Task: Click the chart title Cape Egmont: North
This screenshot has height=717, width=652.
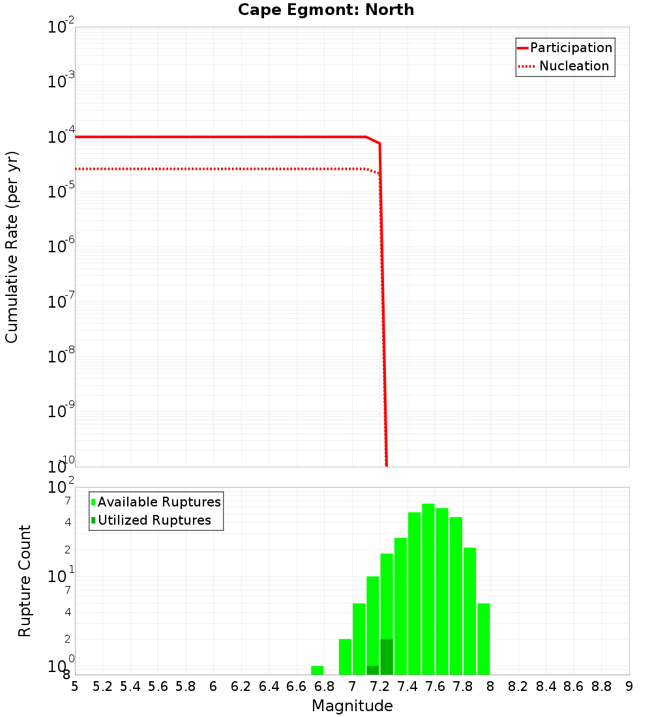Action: pyautogui.click(x=326, y=10)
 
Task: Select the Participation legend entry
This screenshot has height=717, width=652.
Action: pyautogui.click(x=571, y=48)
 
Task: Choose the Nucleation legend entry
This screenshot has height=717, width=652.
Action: pyautogui.click(x=574, y=66)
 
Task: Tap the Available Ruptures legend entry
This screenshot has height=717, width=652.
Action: pyautogui.click(x=159, y=502)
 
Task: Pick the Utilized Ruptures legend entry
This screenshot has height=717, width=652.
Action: pyautogui.click(x=154, y=520)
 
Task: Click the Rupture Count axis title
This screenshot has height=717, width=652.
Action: pyautogui.click(x=25, y=580)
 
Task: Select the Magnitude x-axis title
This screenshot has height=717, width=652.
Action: pyautogui.click(x=352, y=706)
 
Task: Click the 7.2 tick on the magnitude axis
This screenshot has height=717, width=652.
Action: pyautogui.click(x=379, y=686)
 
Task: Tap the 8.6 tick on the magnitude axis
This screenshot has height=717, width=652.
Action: pyautogui.click(x=574, y=686)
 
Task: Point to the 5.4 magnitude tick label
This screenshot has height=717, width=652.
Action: pyautogui.click(x=130, y=686)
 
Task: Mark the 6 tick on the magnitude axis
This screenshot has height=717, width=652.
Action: pyautogui.click(x=213, y=686)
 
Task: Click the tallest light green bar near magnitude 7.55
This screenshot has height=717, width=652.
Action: pyautogui.click(x=428, y=587)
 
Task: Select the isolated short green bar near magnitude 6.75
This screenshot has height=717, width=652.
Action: pyautogui.click(x=318, y=670)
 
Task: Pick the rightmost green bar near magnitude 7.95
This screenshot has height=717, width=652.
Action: pyautogui.click(x=483, y=639)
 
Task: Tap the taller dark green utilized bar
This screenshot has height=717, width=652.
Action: pyautogui.click(x=387, y=657)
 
